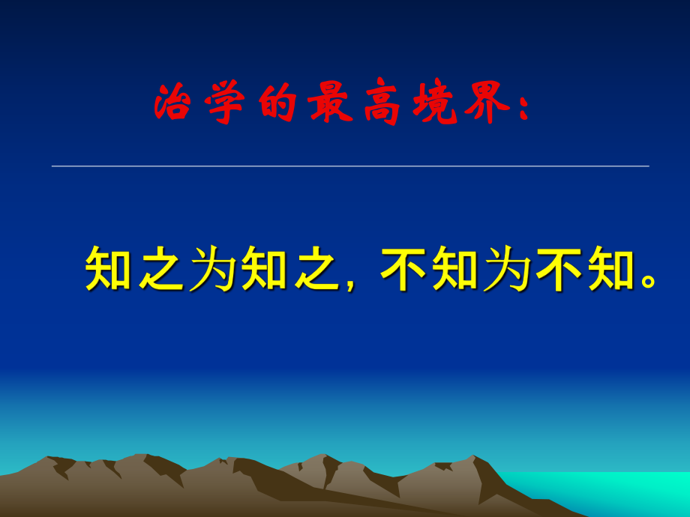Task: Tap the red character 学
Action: [x=223, y=103]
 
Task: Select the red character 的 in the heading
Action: [x=274, y=103]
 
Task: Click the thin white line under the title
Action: [x=349, y=166]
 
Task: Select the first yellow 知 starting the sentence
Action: [x=110, y=268]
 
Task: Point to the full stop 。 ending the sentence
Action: [x=649, y=282]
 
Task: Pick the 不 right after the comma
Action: [x=404, y=268]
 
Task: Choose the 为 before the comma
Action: [x=214, y=268]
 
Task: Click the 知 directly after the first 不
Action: [x=456, y=268]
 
